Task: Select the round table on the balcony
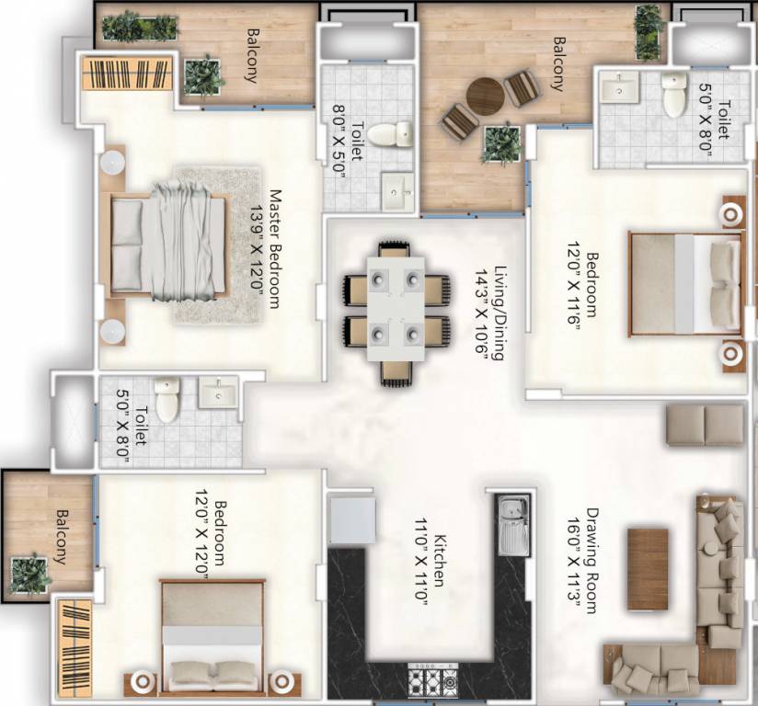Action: pyautogui.click(x=484, y=95)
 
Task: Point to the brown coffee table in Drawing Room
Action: pyautogui.click(x=648, y=569)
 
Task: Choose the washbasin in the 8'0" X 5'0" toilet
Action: pyautogui.click(x=398, y=189)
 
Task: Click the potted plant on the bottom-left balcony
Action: pyautogui.click(x=30, y=574)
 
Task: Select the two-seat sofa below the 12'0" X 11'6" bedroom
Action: pyautogui.click(x=704, y=426)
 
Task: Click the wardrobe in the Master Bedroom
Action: pyautogui.click(x=127, y=74)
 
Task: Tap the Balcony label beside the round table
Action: pyautogui.click(x=557, y=63)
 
